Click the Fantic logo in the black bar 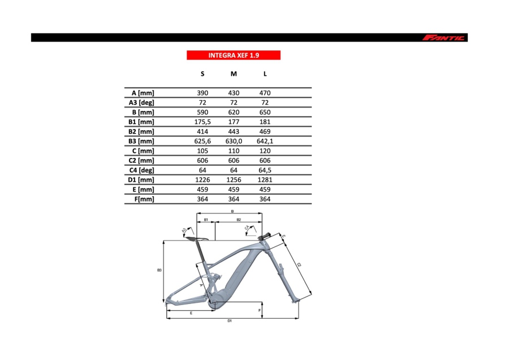coord(443,38)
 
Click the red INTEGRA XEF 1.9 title coord(234,55)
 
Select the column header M coord(234,74)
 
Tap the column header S coord(202,74)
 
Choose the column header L coord(265,74)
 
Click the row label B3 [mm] coord(141,142)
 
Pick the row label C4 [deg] coord(141,170)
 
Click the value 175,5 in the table coord(202,122)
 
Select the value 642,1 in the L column coord(265,142)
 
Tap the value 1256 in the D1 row coord(234,179)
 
